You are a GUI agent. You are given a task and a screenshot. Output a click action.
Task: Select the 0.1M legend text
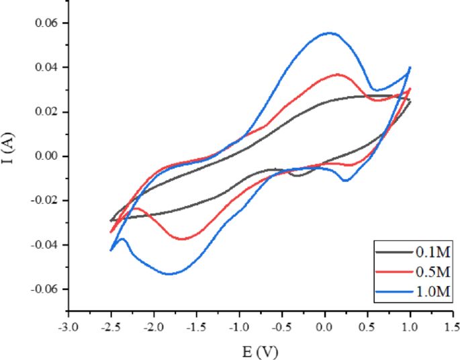(431, 253)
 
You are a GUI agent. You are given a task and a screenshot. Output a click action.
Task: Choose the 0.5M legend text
(431, 273)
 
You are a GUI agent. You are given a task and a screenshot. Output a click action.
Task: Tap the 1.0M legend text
(431, 292)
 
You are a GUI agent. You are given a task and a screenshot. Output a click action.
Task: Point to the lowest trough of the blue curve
(171, 274)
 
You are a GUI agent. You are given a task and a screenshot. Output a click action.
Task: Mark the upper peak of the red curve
(338, 74)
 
